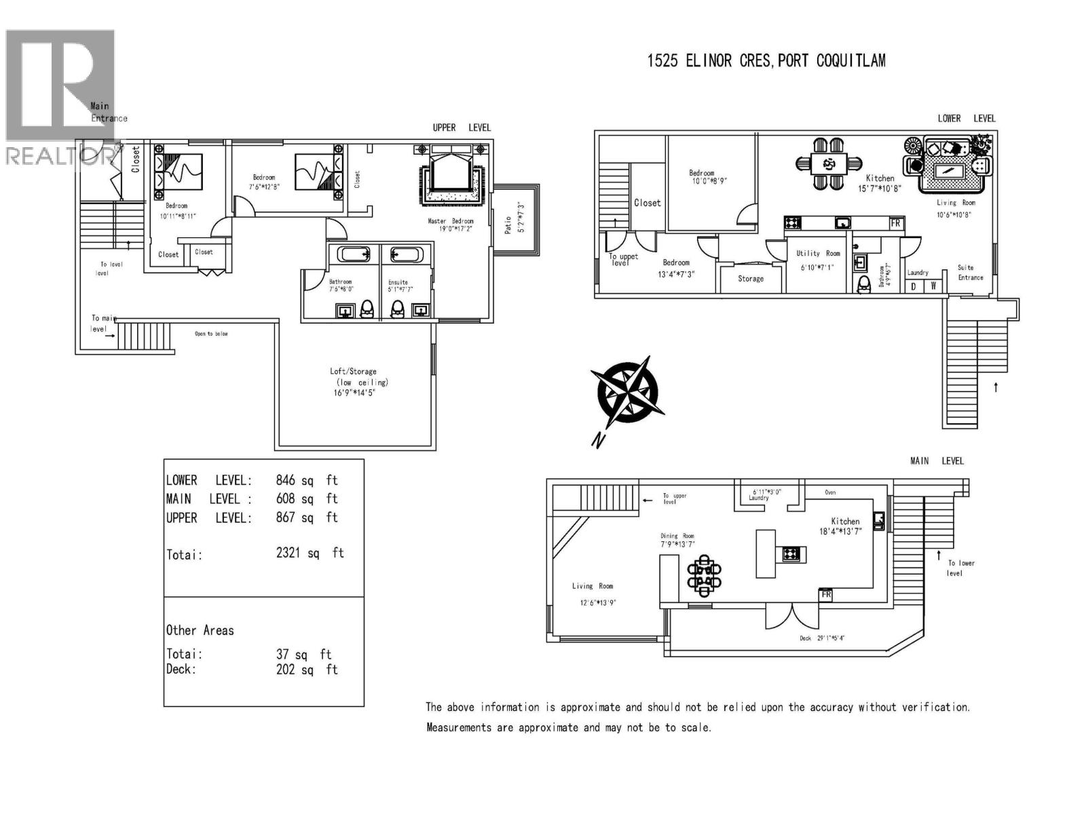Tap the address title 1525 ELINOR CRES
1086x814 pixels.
[766, 61]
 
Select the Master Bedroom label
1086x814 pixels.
[450, 221]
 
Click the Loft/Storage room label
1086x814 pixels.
[353, 372]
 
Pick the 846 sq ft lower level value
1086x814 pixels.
[306, 480]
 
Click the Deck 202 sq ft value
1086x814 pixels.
[306, 670]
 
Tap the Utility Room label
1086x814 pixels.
[818, 253]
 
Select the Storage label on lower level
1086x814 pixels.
[751, 279]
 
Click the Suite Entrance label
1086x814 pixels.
[970, 272]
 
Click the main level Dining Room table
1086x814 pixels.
[705, 575]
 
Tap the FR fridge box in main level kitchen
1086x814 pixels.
[826, 595]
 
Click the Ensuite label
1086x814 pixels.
[398, 282]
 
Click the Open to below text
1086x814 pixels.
[211, 334]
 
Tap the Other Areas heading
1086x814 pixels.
[200, 630]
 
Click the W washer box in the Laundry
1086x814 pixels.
[934, 286]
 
